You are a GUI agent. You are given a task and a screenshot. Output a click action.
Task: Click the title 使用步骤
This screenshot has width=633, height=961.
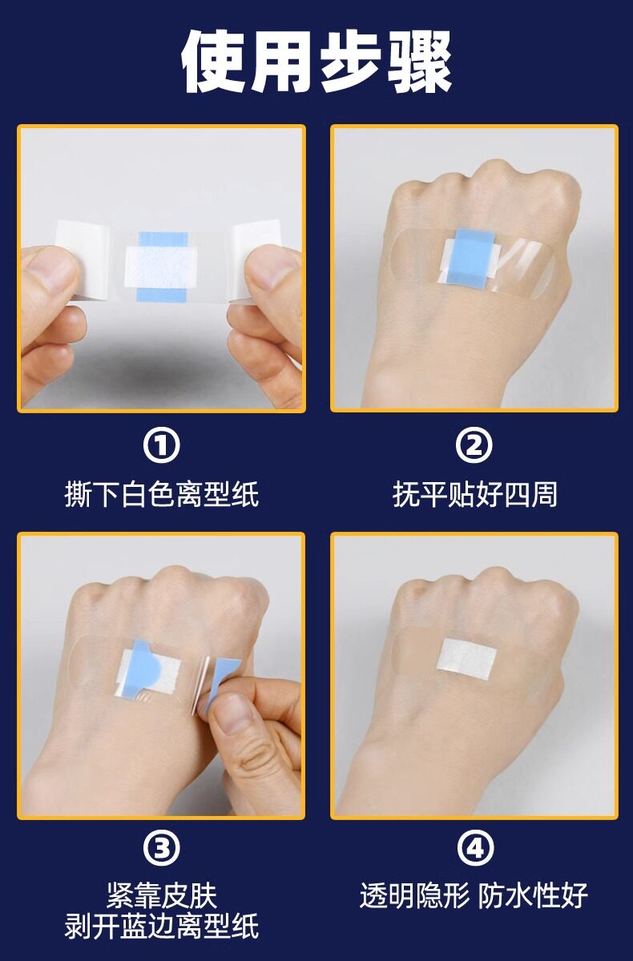316,62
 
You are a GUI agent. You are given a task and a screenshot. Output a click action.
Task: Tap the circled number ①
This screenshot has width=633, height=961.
161,446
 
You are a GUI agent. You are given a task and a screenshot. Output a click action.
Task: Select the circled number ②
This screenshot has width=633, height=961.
474,446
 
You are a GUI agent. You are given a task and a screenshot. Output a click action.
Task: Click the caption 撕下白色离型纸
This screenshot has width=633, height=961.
161,495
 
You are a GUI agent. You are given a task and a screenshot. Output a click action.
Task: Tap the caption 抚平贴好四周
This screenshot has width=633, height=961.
474,495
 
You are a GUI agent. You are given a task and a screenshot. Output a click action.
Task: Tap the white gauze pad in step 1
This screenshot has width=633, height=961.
161,267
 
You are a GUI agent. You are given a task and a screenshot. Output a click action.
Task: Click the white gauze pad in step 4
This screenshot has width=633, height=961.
466,660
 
